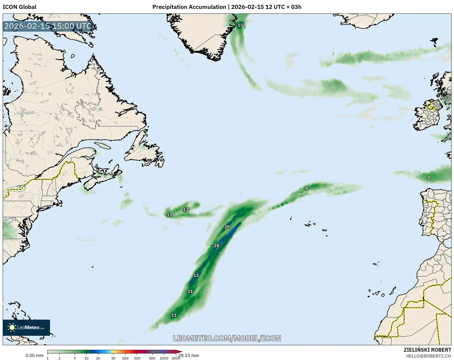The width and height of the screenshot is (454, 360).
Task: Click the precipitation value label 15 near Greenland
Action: pyautogui.click(x=240, y=25)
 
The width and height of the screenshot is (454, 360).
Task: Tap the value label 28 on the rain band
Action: pyautogui.click(x=217, y=245)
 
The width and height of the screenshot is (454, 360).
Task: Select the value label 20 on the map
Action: pyautogui.click(x=227, y=227)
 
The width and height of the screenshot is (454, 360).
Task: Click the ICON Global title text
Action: pyautogui.click(x=19, y=7)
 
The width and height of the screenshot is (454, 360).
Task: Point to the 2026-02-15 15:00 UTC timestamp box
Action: pyautogui.click(x=48, y=26)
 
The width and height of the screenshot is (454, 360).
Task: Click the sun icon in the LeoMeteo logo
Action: pyautogui.click(x=12, y=327)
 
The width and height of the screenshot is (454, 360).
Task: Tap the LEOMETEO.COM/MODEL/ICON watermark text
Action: pyautogui.click(x=227, y=338)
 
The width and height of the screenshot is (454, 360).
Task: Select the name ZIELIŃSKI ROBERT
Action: pyautogui.click(x=427, y=350)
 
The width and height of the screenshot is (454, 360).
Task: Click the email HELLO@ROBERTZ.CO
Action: pyautogui.click(x=428, y=356)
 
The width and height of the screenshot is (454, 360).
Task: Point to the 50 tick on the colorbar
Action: pyautogui.click(x=113, y=358)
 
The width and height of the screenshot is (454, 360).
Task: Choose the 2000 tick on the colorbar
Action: pyautogui.click(x=176, y=358)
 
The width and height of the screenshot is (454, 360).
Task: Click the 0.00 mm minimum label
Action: pyautogui.click(x=34, y=356)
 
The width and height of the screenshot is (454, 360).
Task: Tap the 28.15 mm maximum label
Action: pyautogui.click(x=189, y=356)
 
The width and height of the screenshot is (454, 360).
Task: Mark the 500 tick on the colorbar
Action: pyautogui.click(x=152, y=358)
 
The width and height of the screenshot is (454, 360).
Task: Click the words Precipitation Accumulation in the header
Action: pyautogui.click(x=189, y=7)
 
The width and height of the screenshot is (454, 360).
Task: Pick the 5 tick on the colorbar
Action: pyautogui.click(x=75, y=358)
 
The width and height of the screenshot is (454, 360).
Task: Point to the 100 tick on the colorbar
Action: pyautogui.click(x=125, y=358)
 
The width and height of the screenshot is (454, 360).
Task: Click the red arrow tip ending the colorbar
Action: pyautogui.click(x=180, y=351)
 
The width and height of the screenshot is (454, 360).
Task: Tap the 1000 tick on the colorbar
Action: pyautogui.click(x=164, y=358)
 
